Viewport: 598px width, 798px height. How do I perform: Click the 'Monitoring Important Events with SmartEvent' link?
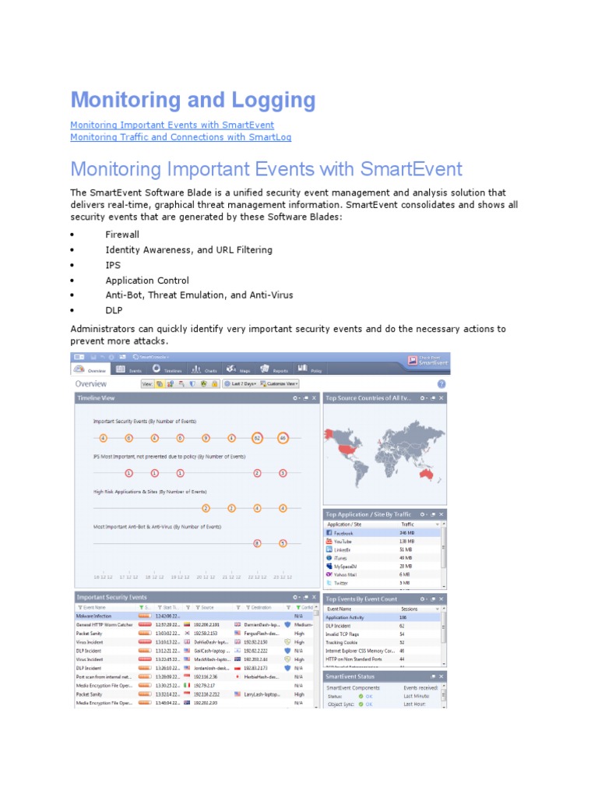click(x=172, y=125)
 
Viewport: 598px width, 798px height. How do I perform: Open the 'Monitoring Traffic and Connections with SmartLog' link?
click(x=181, y=137)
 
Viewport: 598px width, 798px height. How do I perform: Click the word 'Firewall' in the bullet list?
click(x=122, y=235)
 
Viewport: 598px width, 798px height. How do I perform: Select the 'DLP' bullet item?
click(x=114, y=310)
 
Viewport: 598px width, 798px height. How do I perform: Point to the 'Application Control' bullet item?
click(x=147, y=280)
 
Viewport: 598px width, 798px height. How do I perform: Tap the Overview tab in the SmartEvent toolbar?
click(x=90, y=370)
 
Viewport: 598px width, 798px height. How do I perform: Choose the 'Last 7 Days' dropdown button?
click(x=241, y=383)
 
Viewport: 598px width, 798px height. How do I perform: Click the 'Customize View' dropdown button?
click(x=281, y=383)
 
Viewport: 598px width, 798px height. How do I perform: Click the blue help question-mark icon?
click(x=441, y=384)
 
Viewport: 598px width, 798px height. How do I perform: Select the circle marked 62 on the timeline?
click(x=257, y=438)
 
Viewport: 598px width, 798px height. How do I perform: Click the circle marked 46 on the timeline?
click(x=283, y=438)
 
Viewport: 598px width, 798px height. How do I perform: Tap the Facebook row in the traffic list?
click(x=343, y=533)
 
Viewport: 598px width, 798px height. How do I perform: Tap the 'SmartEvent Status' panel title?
click(x=350, y=676)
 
